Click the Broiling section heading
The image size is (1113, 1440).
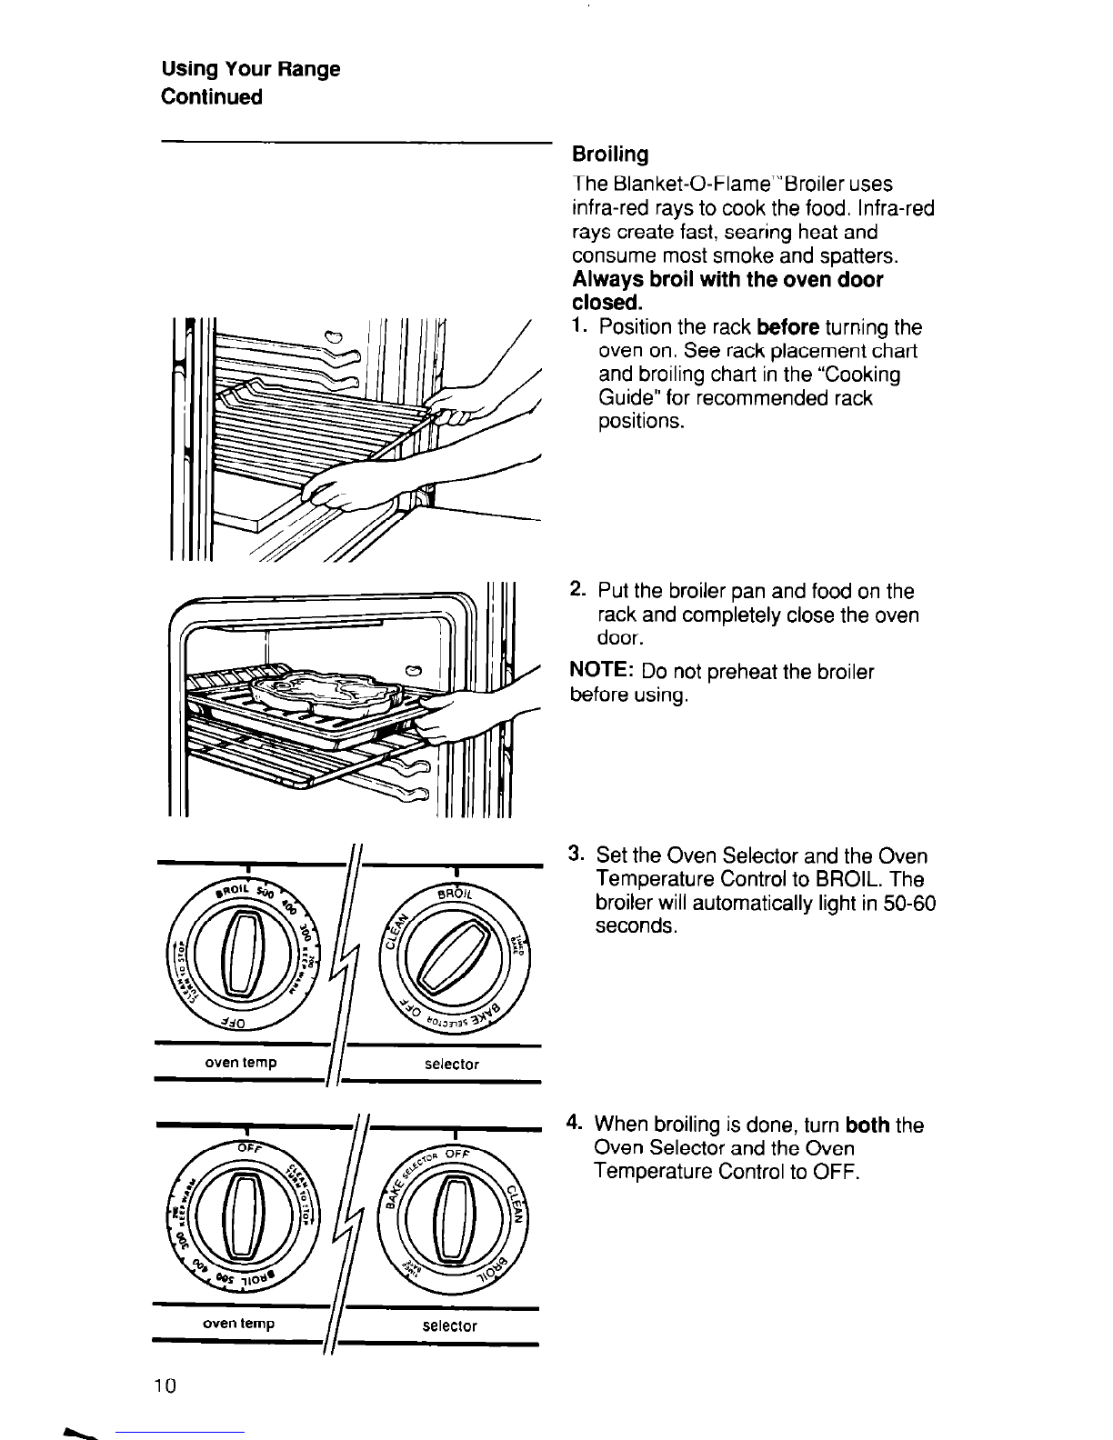coord(609,153)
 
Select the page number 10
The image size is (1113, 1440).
coord(165,1385)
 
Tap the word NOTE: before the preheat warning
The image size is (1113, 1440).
coord(601,672)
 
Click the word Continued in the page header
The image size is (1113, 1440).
coord(211,97)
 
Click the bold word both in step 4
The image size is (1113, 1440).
coord(867,1125)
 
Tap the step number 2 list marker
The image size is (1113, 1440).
coord(577,591)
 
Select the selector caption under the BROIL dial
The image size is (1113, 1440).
coord(452,1063)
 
